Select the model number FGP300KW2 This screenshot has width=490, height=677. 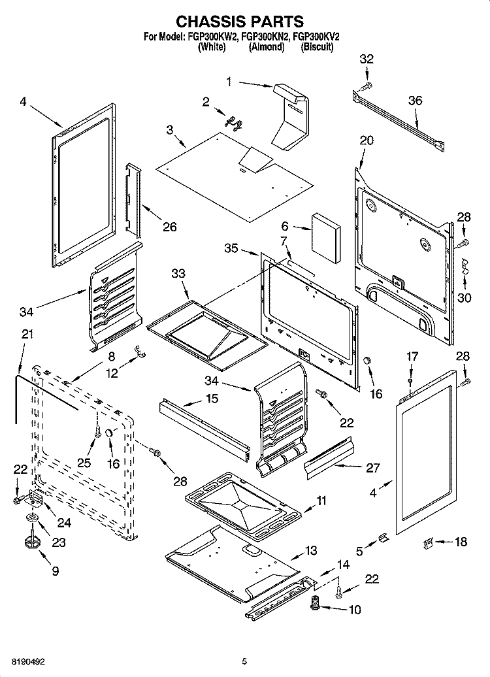[212, 38]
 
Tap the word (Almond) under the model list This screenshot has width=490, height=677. [267, 48]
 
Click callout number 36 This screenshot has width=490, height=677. [415, 100]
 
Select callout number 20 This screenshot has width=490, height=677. [367, 140]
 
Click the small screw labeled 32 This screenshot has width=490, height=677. [367, 85]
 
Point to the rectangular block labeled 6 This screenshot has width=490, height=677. [325, 238]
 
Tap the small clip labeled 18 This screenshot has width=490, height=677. [429, 542]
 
